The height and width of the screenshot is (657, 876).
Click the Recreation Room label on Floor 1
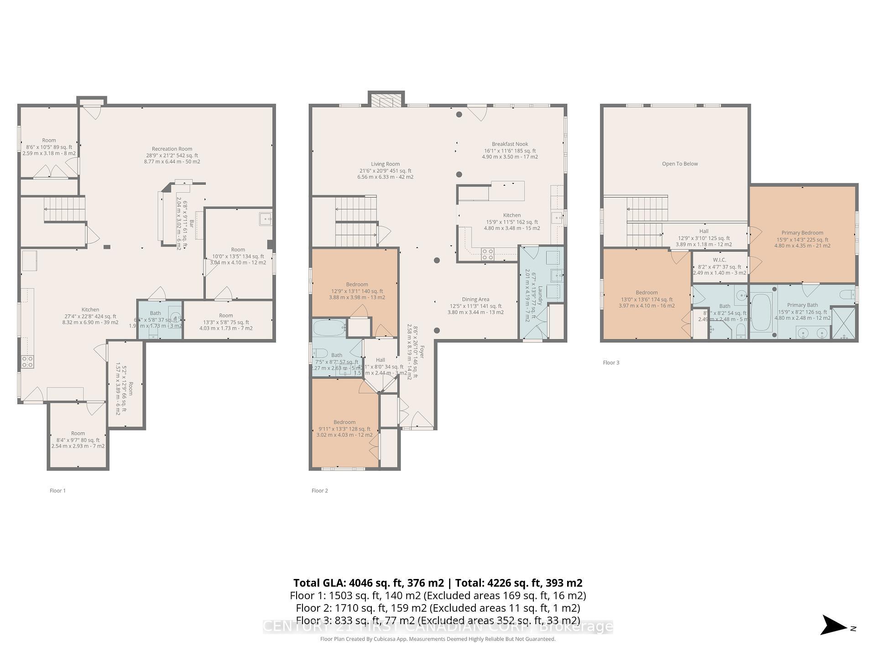(x=172, y=149)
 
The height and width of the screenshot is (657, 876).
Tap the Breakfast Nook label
(x=510, y=144)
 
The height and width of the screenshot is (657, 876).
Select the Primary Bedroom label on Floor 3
(x=802, y=233)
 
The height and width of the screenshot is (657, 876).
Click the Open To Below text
(x=680, y=164)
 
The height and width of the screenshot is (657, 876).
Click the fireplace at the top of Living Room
(x=386, y=100)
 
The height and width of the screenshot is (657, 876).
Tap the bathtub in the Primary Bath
(x=761, y=312)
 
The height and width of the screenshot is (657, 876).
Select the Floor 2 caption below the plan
(x=319, y=490)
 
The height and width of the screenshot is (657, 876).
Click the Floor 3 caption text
(x=611, y=363)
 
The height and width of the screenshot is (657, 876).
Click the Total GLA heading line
(x=438, y=583)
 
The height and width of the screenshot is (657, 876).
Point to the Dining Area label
(x=475, y=300)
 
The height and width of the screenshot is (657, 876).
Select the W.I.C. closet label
(x=719, y=260)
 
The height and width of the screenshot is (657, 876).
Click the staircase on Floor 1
(x=65, y=209)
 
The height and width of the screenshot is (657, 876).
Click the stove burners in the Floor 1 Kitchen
(x=27, y=362)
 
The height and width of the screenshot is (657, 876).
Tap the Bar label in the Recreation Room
(x=192, y=224)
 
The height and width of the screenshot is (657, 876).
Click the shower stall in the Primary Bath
(x=843, y=323)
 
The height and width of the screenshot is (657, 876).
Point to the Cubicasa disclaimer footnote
(x=438, y=639)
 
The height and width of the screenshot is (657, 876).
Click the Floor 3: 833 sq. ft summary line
(x=438, y=620)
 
